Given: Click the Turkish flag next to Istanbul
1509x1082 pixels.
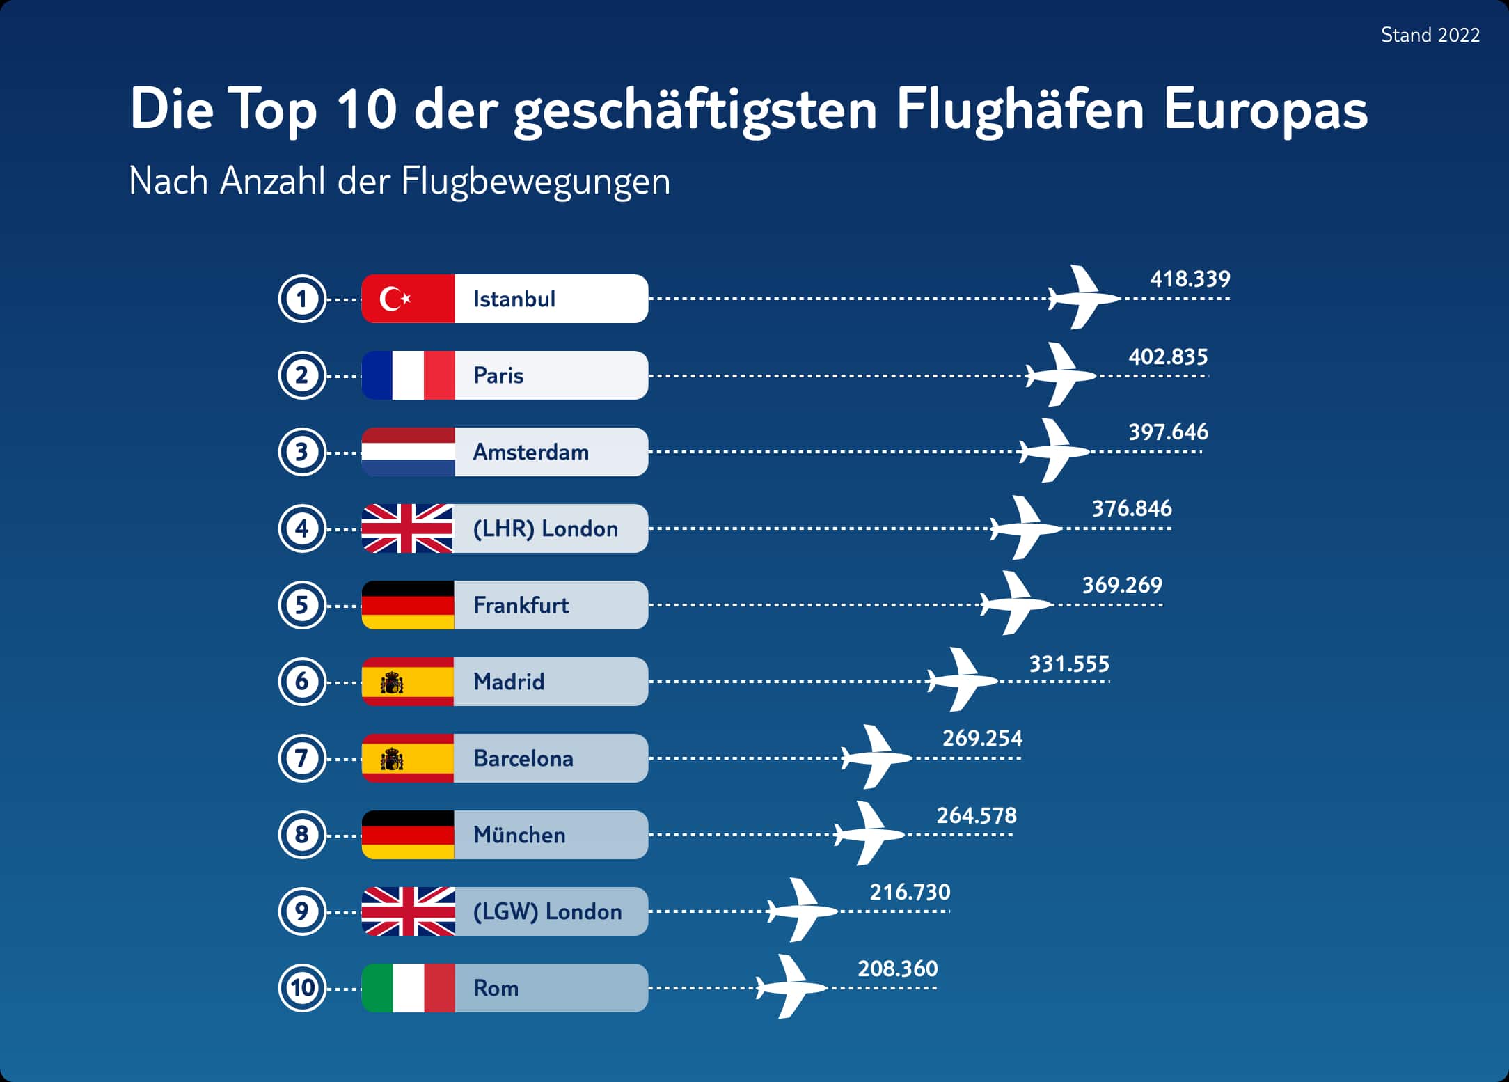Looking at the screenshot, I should click(x=408, y=299).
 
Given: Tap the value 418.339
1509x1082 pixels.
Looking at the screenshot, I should click(x=1190, y=279).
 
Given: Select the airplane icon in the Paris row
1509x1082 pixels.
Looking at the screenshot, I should click(x=1060, y=375).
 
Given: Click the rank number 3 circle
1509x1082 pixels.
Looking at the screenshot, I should click(x=302, y=452).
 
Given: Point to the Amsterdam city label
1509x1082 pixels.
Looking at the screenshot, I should click(x=530, y=452).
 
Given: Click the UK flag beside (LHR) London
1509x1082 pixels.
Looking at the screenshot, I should click(x=408, y=528).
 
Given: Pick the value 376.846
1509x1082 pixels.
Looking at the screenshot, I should click(x=1131, y=509).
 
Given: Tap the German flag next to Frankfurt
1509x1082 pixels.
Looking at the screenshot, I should click(x=408, y=605).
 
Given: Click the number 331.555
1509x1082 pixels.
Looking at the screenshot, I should click(x=1068, y=664).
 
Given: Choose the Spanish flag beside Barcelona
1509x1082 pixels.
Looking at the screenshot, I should click(x=408, y=758).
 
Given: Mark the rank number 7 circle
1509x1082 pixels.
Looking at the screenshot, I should click(x=302, y=758).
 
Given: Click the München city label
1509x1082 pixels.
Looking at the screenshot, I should click(x=519, y=835).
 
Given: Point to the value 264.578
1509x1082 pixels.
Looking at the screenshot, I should click(x=976, y=815).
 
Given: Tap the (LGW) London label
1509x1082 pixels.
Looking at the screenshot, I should click(x=547, y=911).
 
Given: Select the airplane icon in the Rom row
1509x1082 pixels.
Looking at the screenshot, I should click(x=791, y=987).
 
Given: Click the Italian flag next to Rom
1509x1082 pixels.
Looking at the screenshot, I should click(x=408, y=988).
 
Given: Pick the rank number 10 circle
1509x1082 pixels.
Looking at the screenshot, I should click(x=302, y=988).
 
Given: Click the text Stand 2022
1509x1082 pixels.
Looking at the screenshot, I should click(x=1430, y=35).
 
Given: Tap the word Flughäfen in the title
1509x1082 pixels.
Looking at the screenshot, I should click(x=1020, y=109).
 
